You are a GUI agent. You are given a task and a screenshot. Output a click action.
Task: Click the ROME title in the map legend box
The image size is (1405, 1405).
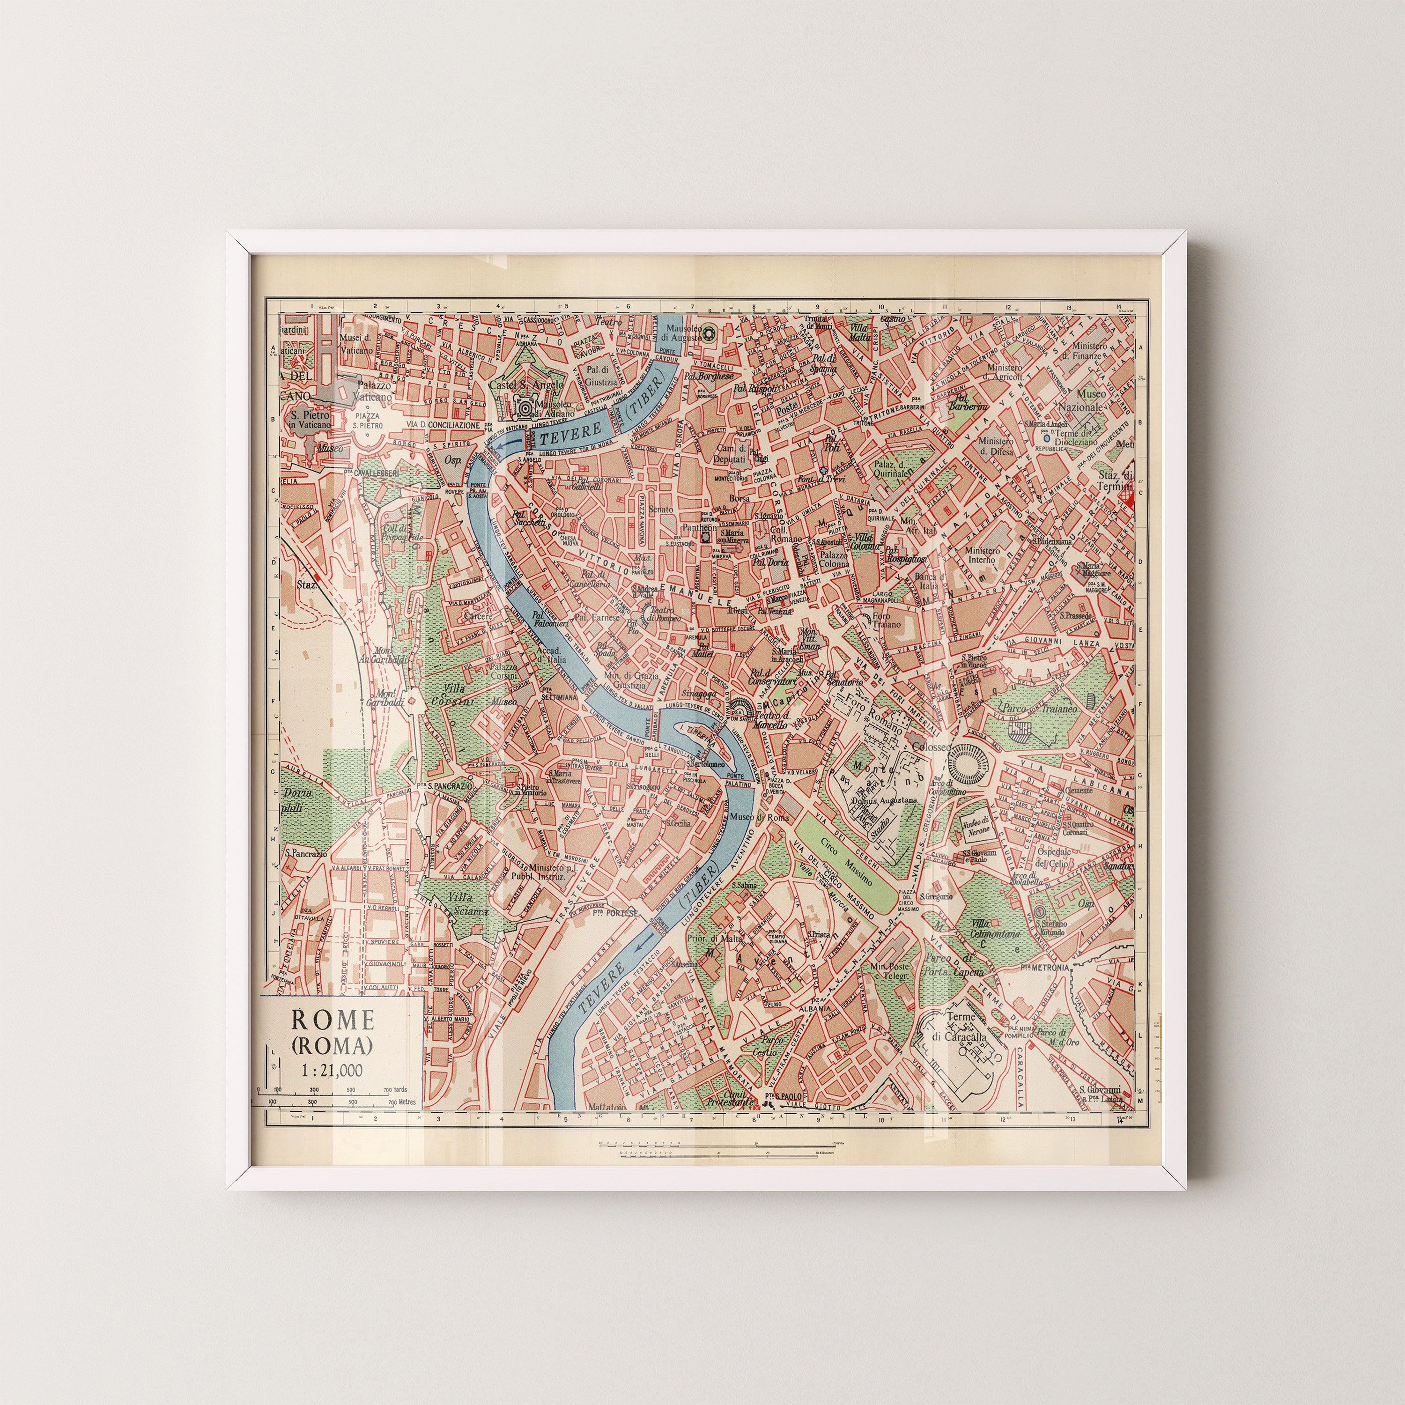click(x=333, y=1020)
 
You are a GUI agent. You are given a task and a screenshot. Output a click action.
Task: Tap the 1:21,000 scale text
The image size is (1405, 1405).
click(x=333, y=1070)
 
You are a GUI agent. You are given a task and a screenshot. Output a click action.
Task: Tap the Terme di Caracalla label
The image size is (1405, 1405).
click(x=965, y=1027)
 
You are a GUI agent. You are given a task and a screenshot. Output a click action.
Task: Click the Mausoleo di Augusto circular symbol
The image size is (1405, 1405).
click(x=710, y=333)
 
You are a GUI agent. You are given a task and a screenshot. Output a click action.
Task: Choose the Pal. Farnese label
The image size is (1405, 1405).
click(x=597, y=617)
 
